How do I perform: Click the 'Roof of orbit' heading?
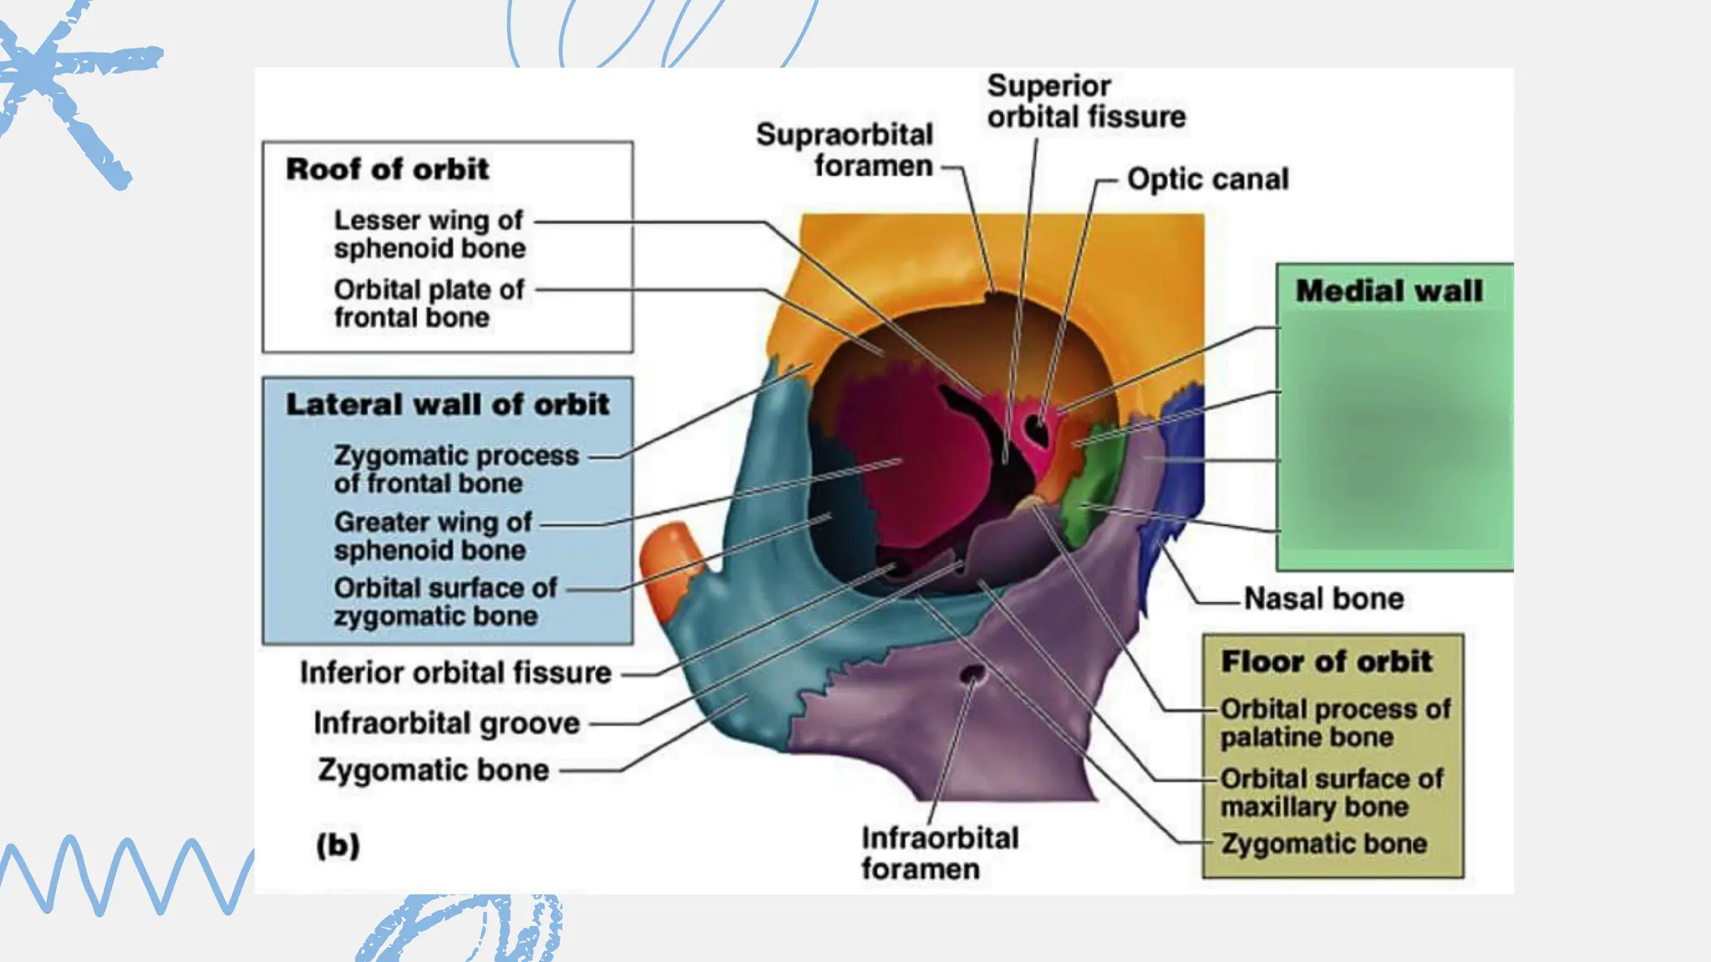coord(387,170)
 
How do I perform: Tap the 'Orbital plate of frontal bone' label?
coord(429,303)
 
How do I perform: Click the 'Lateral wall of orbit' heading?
coord(447,405)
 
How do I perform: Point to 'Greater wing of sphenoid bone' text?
coord(432,536)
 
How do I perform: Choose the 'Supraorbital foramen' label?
coord(844,150)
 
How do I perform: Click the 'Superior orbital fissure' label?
coord(1085,102)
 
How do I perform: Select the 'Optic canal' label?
coord(1207,180)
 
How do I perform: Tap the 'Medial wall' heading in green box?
coord(1389,291)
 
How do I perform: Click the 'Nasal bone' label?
coord(1323,599)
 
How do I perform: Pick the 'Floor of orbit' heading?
coord(1326,662)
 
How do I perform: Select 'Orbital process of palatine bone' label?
coord(1334,723)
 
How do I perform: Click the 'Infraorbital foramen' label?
coord(939,853)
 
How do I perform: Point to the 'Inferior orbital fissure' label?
coord(455,673)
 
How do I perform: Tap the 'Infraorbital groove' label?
coord(446,723)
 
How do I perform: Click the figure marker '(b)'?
coord(338,846)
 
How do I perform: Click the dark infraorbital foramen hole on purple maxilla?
coord(972,674)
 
